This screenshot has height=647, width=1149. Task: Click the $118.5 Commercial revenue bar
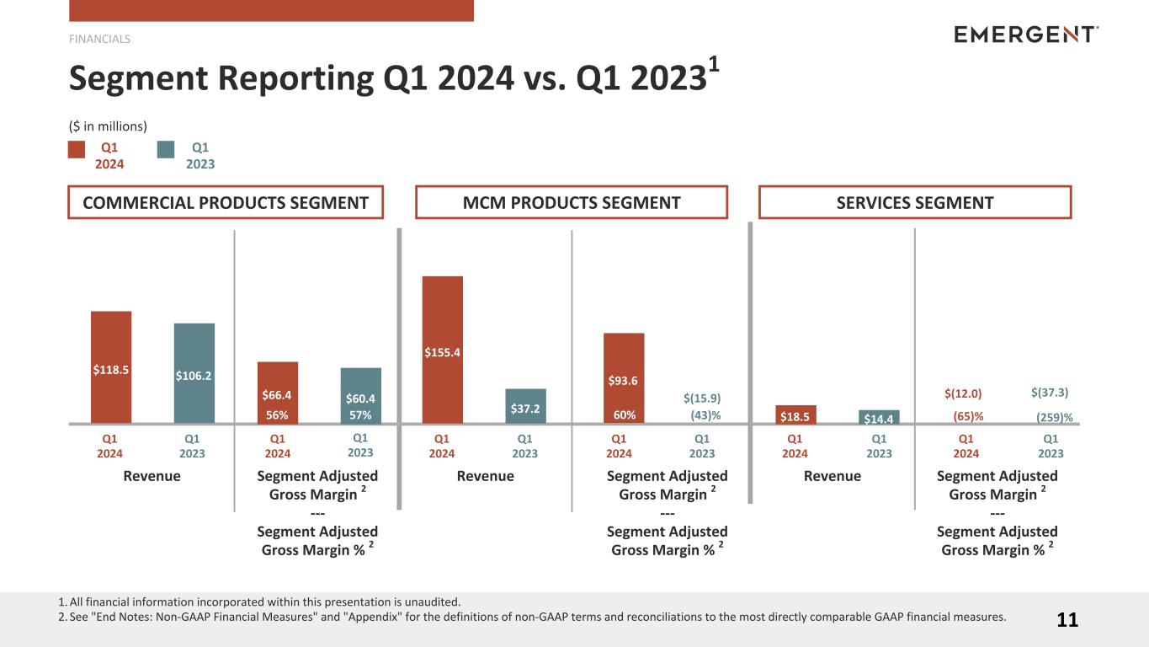tap(111, 366)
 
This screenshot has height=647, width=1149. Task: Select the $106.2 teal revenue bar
tap(194, 372)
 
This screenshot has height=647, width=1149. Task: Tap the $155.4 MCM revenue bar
tap(442, 349)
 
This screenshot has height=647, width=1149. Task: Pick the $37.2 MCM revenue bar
tap(525, 405)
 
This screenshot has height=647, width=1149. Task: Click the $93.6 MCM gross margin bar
tap(623, 377)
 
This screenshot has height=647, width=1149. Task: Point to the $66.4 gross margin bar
tap(278, 392)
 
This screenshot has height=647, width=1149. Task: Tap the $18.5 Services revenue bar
tap(795, 414)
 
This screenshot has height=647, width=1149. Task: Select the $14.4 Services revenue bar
tap(879, 416)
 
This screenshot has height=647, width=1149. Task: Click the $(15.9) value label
tap(702, 398)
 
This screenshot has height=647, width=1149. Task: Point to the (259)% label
tap(1055, 416)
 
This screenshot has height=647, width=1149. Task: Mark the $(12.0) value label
tap(963, 393)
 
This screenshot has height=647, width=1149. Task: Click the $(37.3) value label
tap(1050, 392)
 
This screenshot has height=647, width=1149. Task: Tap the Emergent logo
tap(1026, 35)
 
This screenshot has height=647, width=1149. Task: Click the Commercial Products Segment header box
tap(226, 202)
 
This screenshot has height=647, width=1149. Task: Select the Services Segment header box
tap(915, 202)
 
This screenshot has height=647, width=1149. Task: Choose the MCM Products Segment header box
tap(572, 202)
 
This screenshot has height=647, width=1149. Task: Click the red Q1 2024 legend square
tap(77, 149)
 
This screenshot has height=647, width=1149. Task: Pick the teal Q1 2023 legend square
tap(166, 149)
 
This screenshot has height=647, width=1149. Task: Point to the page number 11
tap(1067, 621)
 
